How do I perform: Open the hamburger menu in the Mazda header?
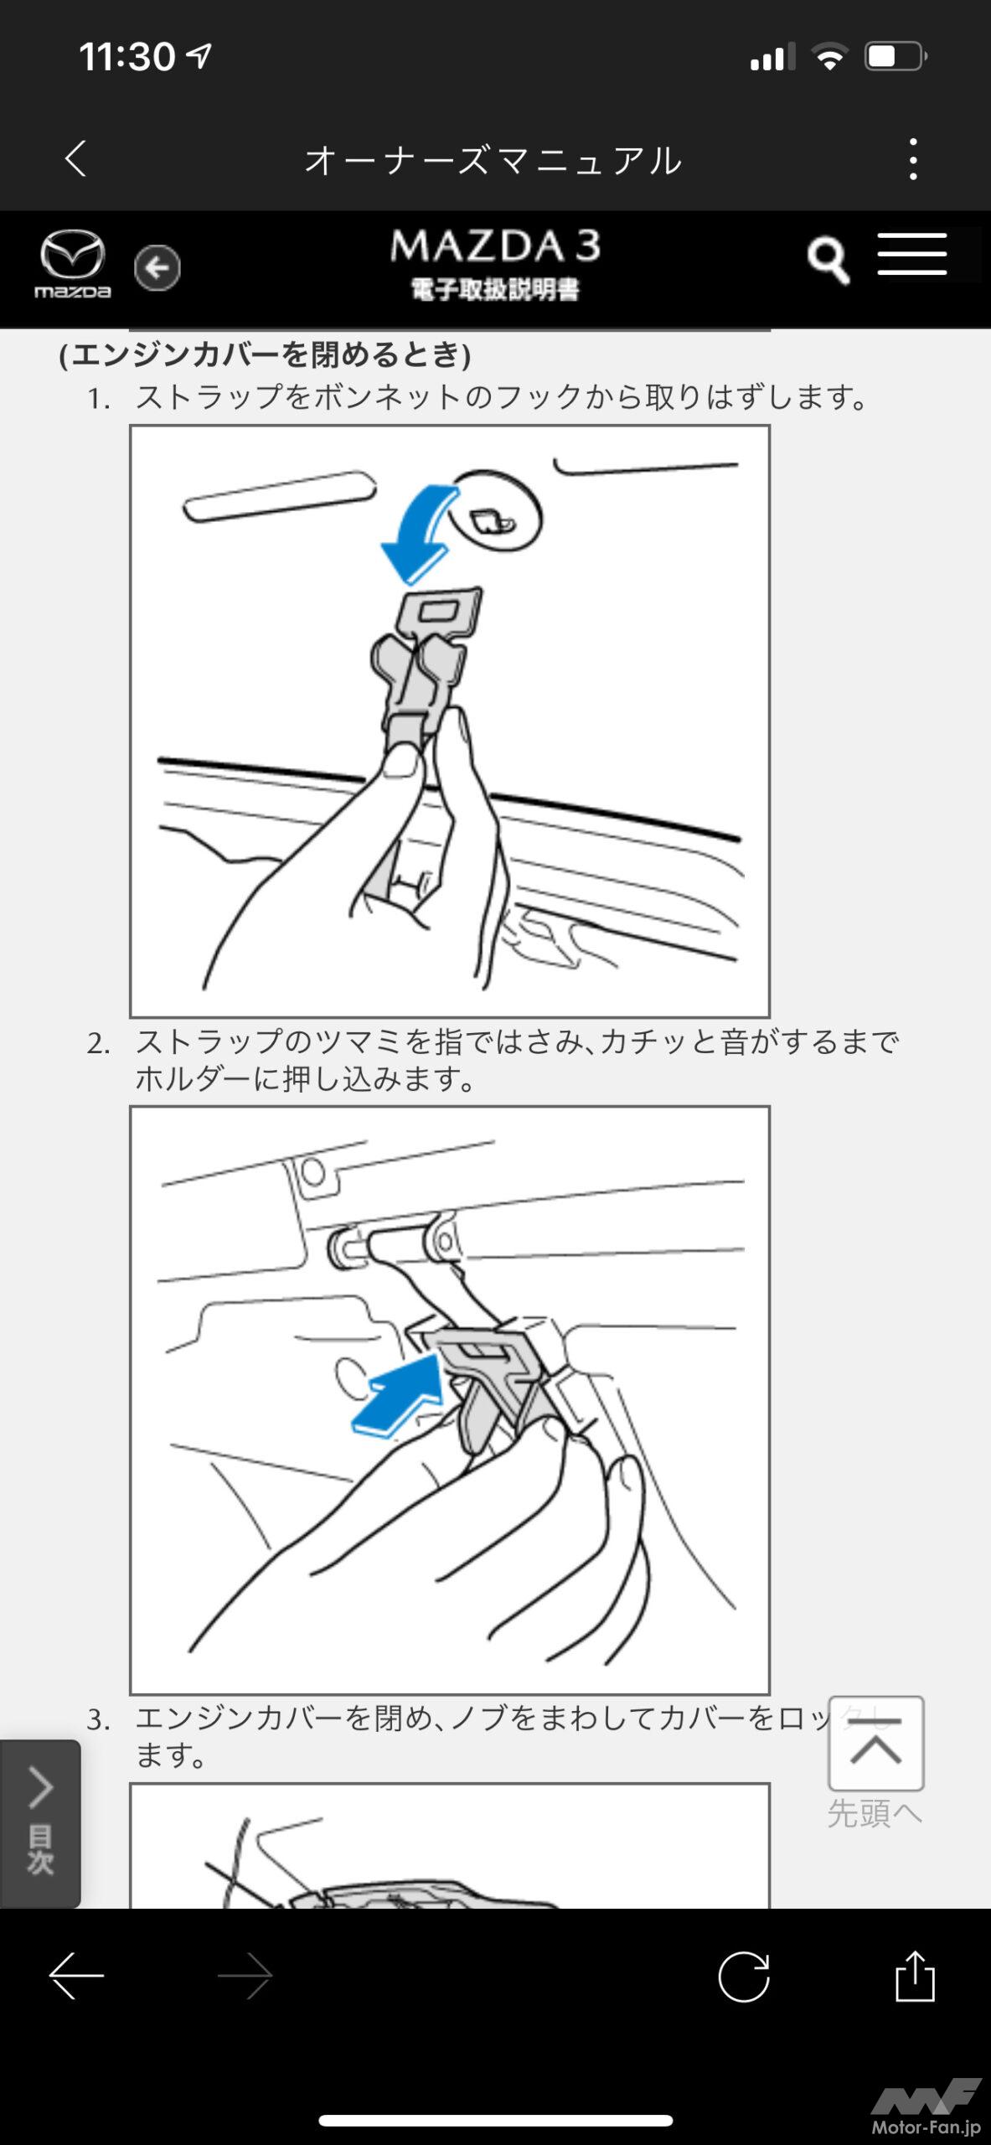click(x=912, y=254)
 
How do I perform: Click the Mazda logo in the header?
click(x=72, y=263)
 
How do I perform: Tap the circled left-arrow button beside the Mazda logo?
click(x=157, y=268)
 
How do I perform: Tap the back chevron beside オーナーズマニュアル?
click(x=75, y=158)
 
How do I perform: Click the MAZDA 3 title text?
click(x=495, y=246)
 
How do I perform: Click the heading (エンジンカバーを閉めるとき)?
click(x=265, y=355)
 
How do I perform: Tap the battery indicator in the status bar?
click(x=896, y=57)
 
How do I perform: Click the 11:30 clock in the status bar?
click(x=127, y=57)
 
